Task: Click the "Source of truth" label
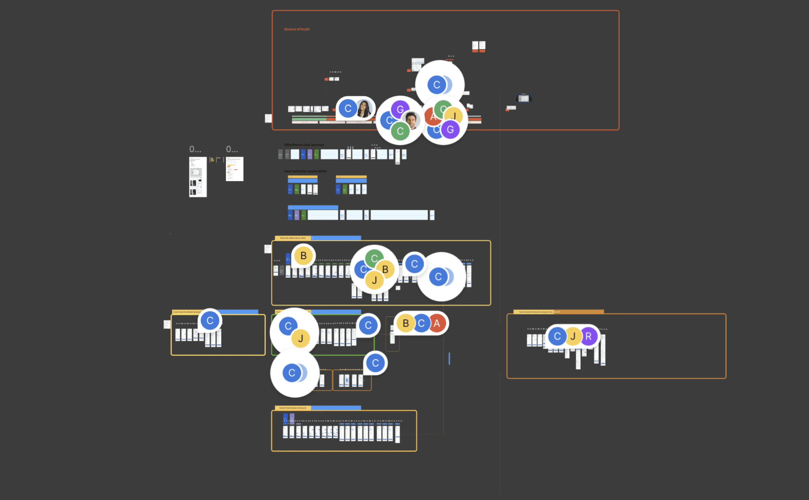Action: [297, 29]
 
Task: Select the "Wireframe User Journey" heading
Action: [304, 145]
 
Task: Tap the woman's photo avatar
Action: [364, 109]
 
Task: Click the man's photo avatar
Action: [411, 120]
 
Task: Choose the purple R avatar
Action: [588, 336]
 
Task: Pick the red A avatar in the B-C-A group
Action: [437, 323]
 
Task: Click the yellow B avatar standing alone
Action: [303, 256]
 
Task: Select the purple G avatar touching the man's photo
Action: [400, 109]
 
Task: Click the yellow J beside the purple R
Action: [573, 336]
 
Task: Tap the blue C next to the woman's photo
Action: [348, 109]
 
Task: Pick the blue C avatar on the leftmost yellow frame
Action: [210, 321]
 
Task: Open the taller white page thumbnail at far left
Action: [198, 177]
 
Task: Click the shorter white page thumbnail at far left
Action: [234, 169]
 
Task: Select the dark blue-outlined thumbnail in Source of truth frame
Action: [524, 98]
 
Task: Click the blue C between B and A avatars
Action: [421, 323]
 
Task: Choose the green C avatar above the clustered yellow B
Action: [374, 258]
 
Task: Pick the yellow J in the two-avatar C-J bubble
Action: [301, 338]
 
